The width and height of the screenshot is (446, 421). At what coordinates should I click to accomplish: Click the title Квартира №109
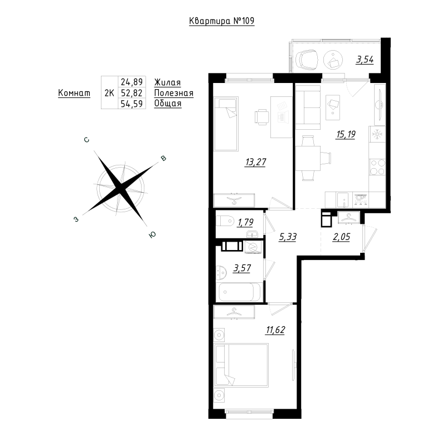tap(221, 21)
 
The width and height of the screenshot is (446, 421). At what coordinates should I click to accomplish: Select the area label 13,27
tap(255, 162)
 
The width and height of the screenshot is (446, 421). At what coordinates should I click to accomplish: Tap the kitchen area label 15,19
tap(346, 134)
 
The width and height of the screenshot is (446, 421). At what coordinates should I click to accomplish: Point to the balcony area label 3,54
tap(365, 60)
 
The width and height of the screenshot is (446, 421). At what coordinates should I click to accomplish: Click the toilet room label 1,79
tap(245, 222)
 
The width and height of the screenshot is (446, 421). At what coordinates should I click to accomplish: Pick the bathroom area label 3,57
tap(242, 268)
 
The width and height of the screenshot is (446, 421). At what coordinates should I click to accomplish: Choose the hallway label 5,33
tap(288, 237)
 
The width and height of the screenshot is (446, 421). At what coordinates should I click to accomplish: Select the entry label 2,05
tap(341, 237)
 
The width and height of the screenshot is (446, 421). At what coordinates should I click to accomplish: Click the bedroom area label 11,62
tap(275, 330)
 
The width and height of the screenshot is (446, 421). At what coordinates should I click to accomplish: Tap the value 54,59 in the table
tap(132, 104)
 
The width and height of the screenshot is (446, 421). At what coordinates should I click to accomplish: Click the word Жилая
tap(168, 82)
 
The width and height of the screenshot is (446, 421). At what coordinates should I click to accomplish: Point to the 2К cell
tap(109, 93)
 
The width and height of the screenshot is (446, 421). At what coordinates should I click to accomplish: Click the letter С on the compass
tap(87, 140)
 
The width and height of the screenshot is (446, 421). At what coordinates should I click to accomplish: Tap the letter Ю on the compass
tap(152, 234)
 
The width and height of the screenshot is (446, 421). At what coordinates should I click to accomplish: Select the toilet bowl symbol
tap(225, 221)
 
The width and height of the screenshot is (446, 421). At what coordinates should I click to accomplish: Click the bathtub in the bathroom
tap(239, 292)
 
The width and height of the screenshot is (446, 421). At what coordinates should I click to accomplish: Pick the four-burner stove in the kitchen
tap(377, 167)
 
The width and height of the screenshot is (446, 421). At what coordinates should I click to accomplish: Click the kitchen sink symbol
tap(344, 200)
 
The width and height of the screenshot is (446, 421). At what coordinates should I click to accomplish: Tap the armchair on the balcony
tap(307, 60)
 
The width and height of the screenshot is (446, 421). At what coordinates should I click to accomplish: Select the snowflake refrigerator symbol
tap(377, 134)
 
